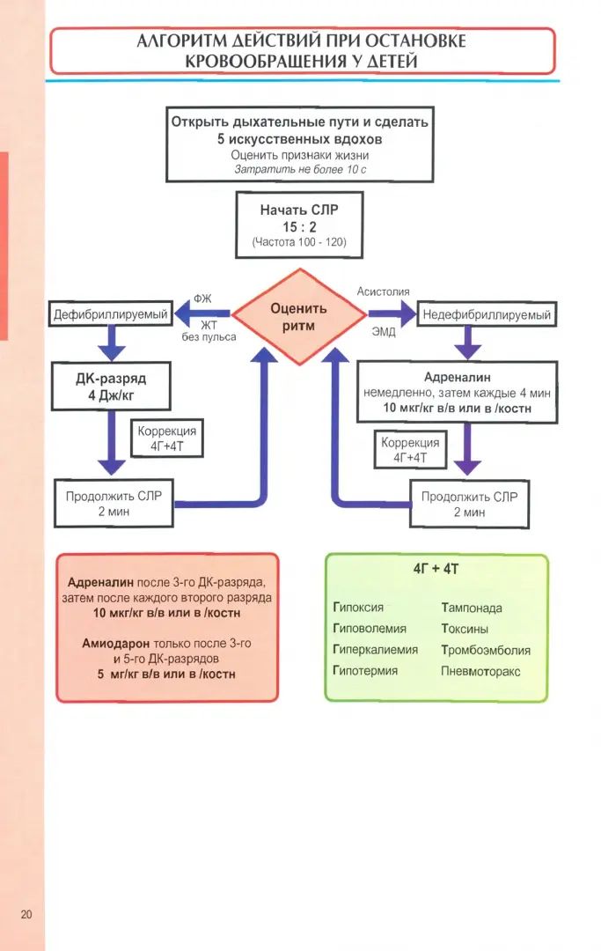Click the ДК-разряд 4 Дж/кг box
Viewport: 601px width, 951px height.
click(x=110, y=387)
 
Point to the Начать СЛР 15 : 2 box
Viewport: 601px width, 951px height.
click(x=298, y=225)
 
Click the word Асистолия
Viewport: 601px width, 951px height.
click(x=383, y=291)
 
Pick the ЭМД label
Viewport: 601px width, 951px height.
click(x=384, y=332)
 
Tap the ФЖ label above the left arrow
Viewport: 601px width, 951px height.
click(x=202, y=299)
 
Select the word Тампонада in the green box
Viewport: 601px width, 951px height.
click(x=472, y=608)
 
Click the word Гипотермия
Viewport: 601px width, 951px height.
click(x=365, y=671)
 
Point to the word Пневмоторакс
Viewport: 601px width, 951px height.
click(x=480, y=671)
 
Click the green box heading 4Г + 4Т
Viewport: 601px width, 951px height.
click(x=436, y=570)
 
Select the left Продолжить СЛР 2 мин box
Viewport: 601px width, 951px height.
click(x=114, y=504)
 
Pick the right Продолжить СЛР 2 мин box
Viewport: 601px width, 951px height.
click(x=470, y=504)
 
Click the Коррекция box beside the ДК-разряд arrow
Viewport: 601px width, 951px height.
click(x=166, y=439)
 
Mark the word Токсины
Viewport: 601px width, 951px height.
click(x=465, y=629)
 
